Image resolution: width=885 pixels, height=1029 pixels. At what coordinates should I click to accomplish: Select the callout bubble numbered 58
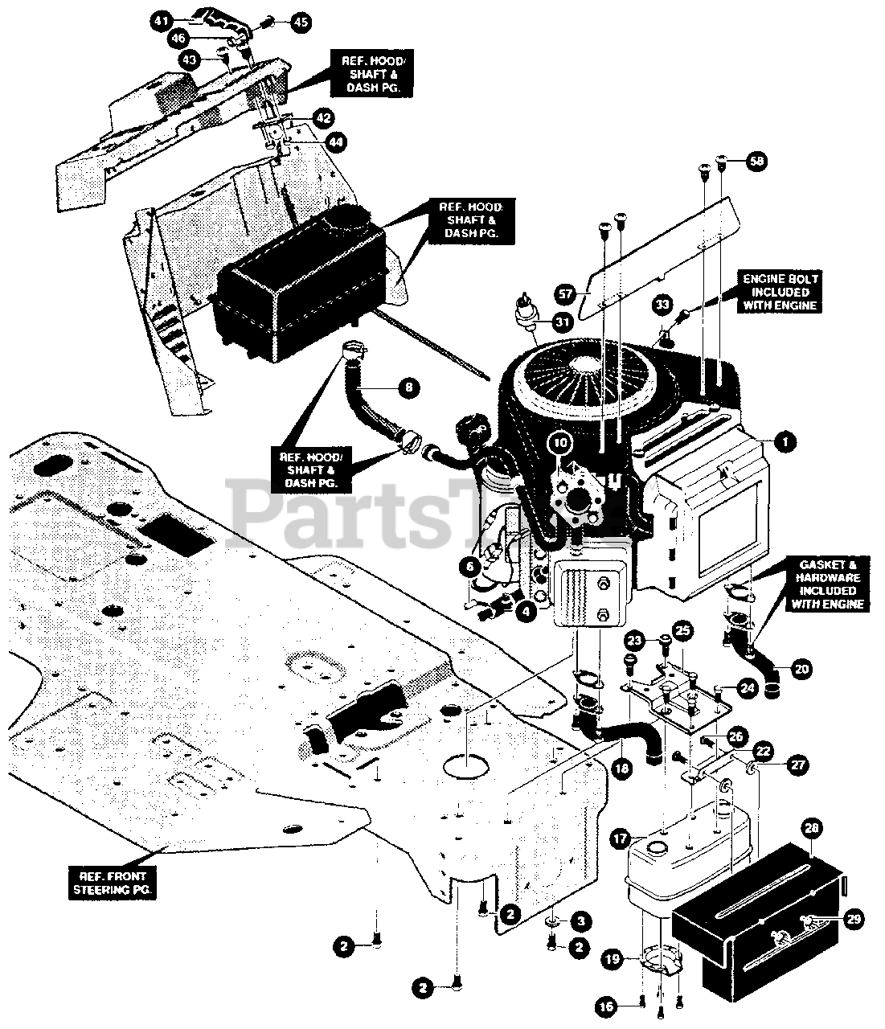pyautogui.click(x=756, y=161)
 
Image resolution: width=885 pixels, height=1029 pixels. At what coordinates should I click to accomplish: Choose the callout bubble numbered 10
pyautogui.click(x=560, y=442)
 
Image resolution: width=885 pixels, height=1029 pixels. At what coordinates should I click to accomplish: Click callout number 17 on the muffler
pyautogui.click(x=620, y=838)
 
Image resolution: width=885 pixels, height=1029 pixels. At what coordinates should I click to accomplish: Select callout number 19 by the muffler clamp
pyautogui.click(x=613, y=958)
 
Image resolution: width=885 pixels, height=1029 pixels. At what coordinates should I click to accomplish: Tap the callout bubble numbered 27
pyautogui.click(x=798, y=766)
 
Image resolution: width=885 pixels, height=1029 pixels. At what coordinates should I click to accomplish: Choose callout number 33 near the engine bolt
pyautogui.click(x=661, y=305)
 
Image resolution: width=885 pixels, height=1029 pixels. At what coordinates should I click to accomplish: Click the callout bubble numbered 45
pyautogui.click(x=300, y=22)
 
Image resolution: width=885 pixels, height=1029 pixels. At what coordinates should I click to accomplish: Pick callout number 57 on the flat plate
pyautogui.click(x=565, y=293)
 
